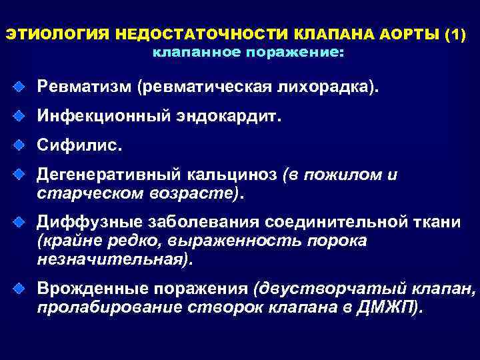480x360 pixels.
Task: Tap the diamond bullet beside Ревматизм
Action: pyautogui.click(x=21, y=87)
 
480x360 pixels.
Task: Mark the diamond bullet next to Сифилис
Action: pyautogui.click(x=21, y=145)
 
